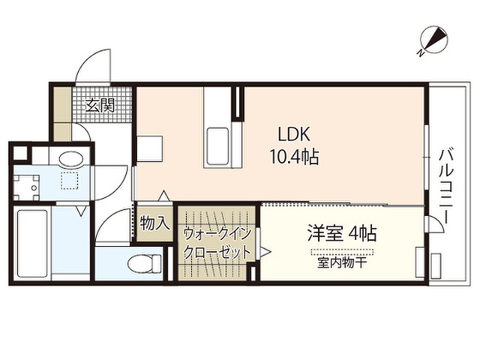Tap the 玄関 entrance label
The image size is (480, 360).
(100, 105)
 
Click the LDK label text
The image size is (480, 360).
(294, 134)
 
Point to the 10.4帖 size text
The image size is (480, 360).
(294, 157)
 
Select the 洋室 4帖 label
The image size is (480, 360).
(342, 233)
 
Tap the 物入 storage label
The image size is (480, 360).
(154, 223)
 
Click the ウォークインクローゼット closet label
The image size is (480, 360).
(217, 243)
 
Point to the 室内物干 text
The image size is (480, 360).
(342, 263)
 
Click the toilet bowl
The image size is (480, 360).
(144, 263)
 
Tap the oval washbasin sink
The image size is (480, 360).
(71, 159)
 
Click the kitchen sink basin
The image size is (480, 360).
(217, 146)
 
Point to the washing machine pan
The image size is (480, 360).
(26, 187)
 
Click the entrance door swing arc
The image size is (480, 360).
(91, 61)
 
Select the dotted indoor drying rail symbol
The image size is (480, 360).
(342, 253)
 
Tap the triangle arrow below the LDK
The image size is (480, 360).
(164, 196)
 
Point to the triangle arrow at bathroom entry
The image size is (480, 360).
(82, 211)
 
